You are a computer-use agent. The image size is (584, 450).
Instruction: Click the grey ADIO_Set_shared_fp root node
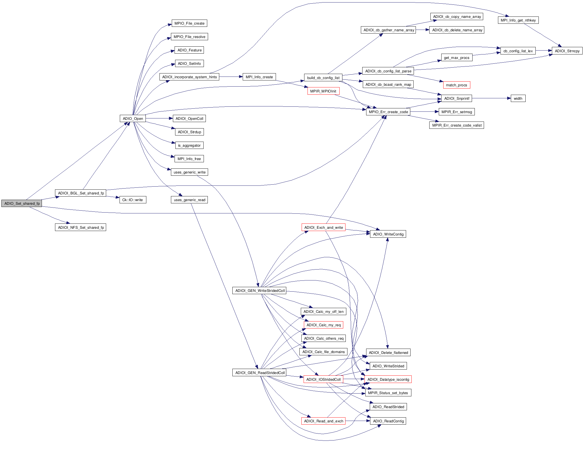(22, 203)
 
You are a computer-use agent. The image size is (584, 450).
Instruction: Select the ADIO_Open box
(133, 118)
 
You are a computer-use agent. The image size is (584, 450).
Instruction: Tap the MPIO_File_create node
(189, 23)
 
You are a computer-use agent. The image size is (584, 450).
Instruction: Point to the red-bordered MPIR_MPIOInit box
(323, 91)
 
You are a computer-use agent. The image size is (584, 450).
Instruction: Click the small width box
(518, 98)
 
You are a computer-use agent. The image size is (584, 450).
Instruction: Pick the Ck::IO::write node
(133, 200)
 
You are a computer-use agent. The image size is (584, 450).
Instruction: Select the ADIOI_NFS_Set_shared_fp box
(80, 227)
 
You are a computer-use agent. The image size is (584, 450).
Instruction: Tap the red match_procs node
(456, 85)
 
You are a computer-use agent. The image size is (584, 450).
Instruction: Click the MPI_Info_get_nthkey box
(518, 20)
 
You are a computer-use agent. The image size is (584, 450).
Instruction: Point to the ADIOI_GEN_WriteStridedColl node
(260, 291)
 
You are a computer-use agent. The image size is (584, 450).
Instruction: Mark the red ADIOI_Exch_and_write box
(323, 227)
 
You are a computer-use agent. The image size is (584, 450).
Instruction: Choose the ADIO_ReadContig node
(388, 421)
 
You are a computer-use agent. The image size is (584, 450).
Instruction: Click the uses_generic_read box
(189, 200)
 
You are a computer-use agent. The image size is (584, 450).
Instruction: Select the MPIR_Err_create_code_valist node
(457, 125)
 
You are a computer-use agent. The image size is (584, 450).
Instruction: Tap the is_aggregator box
(189, 145)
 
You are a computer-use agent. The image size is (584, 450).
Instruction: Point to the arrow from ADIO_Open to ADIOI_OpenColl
(159, 118)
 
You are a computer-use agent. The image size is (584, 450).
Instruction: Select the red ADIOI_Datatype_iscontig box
(388, 379)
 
